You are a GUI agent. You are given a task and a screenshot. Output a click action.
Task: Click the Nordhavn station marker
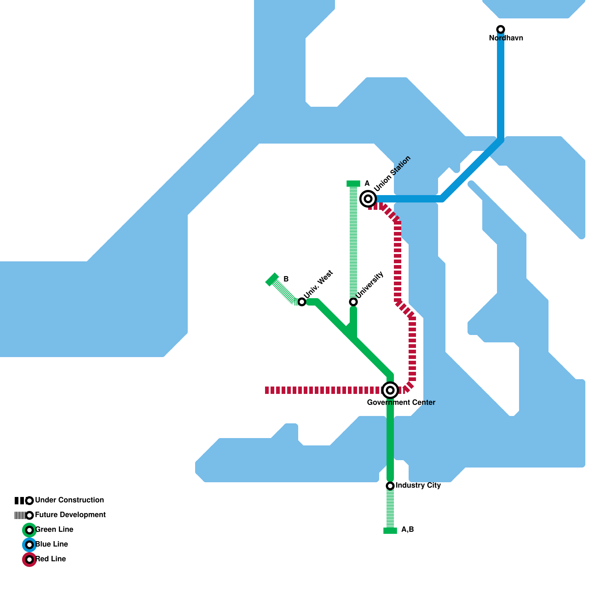501,29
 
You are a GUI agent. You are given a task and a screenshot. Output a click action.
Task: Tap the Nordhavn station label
506,38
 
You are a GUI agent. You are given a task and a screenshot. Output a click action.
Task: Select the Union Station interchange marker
368,199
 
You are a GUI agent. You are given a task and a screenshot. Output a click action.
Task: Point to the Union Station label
392,174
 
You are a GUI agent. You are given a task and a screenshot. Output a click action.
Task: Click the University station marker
353,302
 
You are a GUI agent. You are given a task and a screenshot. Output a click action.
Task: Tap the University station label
370,285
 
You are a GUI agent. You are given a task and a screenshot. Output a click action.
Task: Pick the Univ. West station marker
302,302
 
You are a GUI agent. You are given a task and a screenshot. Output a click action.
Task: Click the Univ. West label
318,284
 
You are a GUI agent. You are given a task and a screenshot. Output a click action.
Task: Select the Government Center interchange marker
390,390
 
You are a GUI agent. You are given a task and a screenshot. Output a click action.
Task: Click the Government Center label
401,403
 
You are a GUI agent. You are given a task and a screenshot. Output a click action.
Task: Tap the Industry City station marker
390,486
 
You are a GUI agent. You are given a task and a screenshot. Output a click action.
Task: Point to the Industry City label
418,486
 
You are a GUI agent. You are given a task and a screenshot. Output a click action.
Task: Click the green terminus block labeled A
353,184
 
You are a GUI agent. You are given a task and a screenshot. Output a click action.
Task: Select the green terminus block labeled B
272,280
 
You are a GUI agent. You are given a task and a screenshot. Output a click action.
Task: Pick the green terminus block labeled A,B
390,530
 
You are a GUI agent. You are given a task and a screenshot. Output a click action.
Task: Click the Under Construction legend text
69,500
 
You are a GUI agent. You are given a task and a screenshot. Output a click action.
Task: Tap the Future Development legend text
70,515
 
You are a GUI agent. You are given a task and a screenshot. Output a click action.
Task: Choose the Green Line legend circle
29,530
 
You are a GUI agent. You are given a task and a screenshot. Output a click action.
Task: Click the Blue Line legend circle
29,545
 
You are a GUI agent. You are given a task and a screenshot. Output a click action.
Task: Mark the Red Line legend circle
29,560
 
